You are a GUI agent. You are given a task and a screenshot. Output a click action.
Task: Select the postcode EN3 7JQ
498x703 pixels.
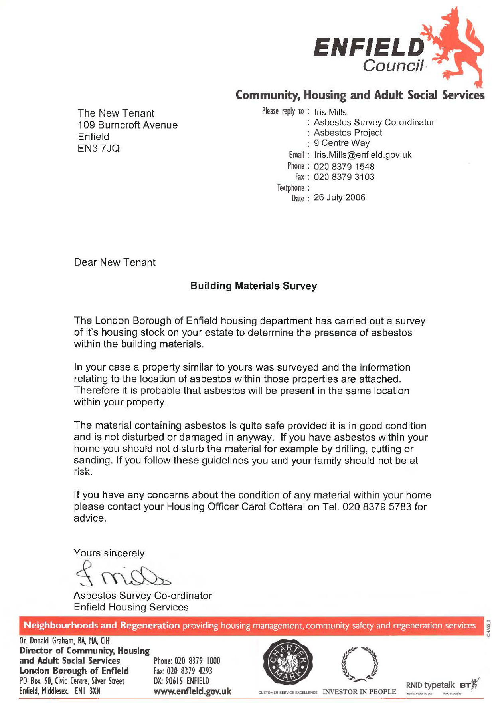click(x=99, y=149)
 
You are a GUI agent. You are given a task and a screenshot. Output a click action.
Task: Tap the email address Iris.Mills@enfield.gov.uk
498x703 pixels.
click(x=362, y=155)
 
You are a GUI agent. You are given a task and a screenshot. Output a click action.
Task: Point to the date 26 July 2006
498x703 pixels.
click(x=339, y=197)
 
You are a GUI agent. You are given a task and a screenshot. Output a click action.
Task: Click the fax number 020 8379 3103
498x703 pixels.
click(x=344, y=177)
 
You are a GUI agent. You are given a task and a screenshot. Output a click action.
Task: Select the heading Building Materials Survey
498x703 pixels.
click(x=253, y=286)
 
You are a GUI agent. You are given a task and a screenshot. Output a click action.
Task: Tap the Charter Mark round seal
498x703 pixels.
click(x=288, y=663)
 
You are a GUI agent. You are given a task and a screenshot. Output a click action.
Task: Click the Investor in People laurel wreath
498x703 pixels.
click(x=360, y=664)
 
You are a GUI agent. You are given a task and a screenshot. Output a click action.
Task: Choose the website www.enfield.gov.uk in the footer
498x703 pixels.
click(x=192, y=691)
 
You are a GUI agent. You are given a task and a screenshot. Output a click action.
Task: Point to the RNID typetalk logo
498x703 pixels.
click(x=430, y=685)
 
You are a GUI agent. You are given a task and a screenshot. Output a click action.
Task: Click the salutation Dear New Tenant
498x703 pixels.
click(x=115, y=262)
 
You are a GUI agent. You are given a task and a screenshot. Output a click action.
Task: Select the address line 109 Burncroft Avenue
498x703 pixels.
click(x=128, y=125)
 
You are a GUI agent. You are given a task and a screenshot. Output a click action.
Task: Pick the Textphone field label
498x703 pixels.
click(x=290, y=188)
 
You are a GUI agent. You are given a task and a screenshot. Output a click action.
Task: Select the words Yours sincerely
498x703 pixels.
click(x=109, y=553)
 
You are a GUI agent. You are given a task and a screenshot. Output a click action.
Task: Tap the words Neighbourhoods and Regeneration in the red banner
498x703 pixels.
click(x=101, y=626)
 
